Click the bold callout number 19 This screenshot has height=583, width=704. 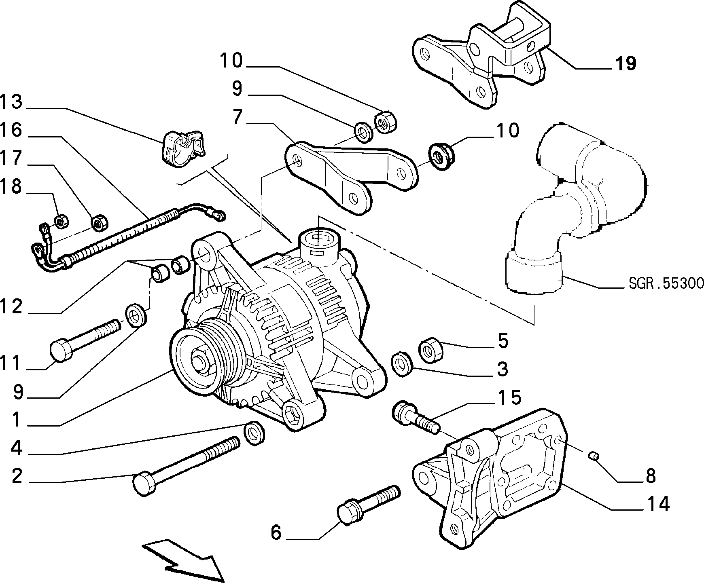pos(626,63)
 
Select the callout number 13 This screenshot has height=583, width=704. pos(11,102)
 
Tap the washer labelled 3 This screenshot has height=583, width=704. pos(402,364)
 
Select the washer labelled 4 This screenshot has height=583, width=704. pos(255,433)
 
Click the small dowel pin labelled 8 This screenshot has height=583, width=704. pos(594,456)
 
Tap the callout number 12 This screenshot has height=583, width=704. pos(11,307)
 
